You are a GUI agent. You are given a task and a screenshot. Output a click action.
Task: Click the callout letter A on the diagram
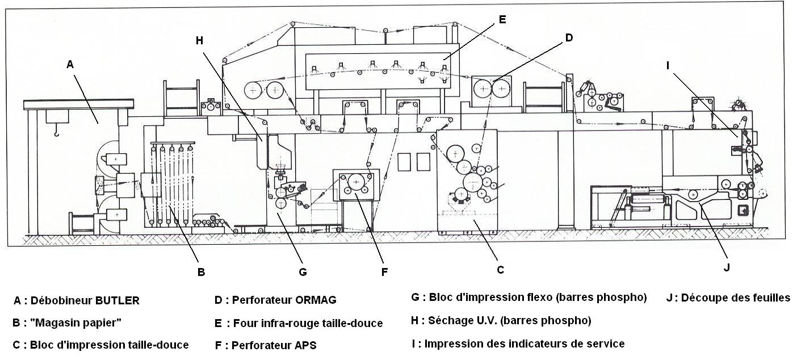70,65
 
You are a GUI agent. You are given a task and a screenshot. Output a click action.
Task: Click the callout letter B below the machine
201,271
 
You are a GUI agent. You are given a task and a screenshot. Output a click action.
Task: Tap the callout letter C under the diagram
500,270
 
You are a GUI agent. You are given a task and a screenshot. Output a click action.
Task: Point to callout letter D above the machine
569,38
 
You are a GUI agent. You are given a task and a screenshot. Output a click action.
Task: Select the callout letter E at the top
502,19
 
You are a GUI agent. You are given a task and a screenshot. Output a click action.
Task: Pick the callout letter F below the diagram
384,272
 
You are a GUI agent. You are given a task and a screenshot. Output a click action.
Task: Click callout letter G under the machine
303,271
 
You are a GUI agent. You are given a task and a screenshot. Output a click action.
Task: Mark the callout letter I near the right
668,65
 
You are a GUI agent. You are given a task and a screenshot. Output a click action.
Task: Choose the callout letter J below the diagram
726,267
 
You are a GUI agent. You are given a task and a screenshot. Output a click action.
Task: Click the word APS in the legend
305,345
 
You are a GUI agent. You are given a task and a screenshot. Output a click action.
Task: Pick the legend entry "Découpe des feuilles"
735,298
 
